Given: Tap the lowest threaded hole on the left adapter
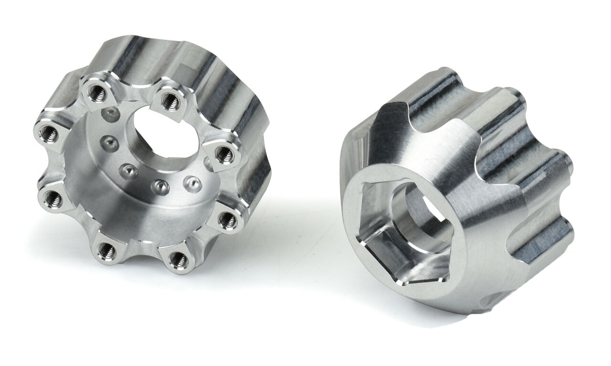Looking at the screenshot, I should click(x=180, y=259).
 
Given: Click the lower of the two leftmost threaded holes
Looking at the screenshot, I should click(x=51, y=199).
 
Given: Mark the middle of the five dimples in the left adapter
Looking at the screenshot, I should click(x=127, y=169).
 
